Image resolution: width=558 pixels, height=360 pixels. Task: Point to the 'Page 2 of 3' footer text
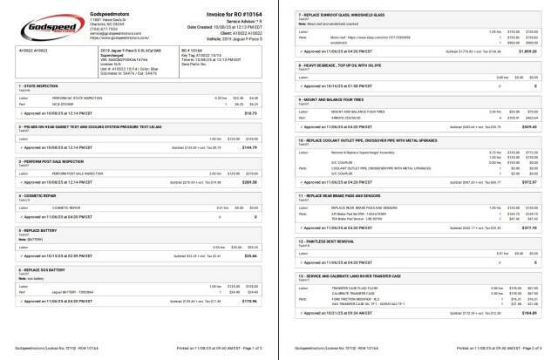tap(532, 346)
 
